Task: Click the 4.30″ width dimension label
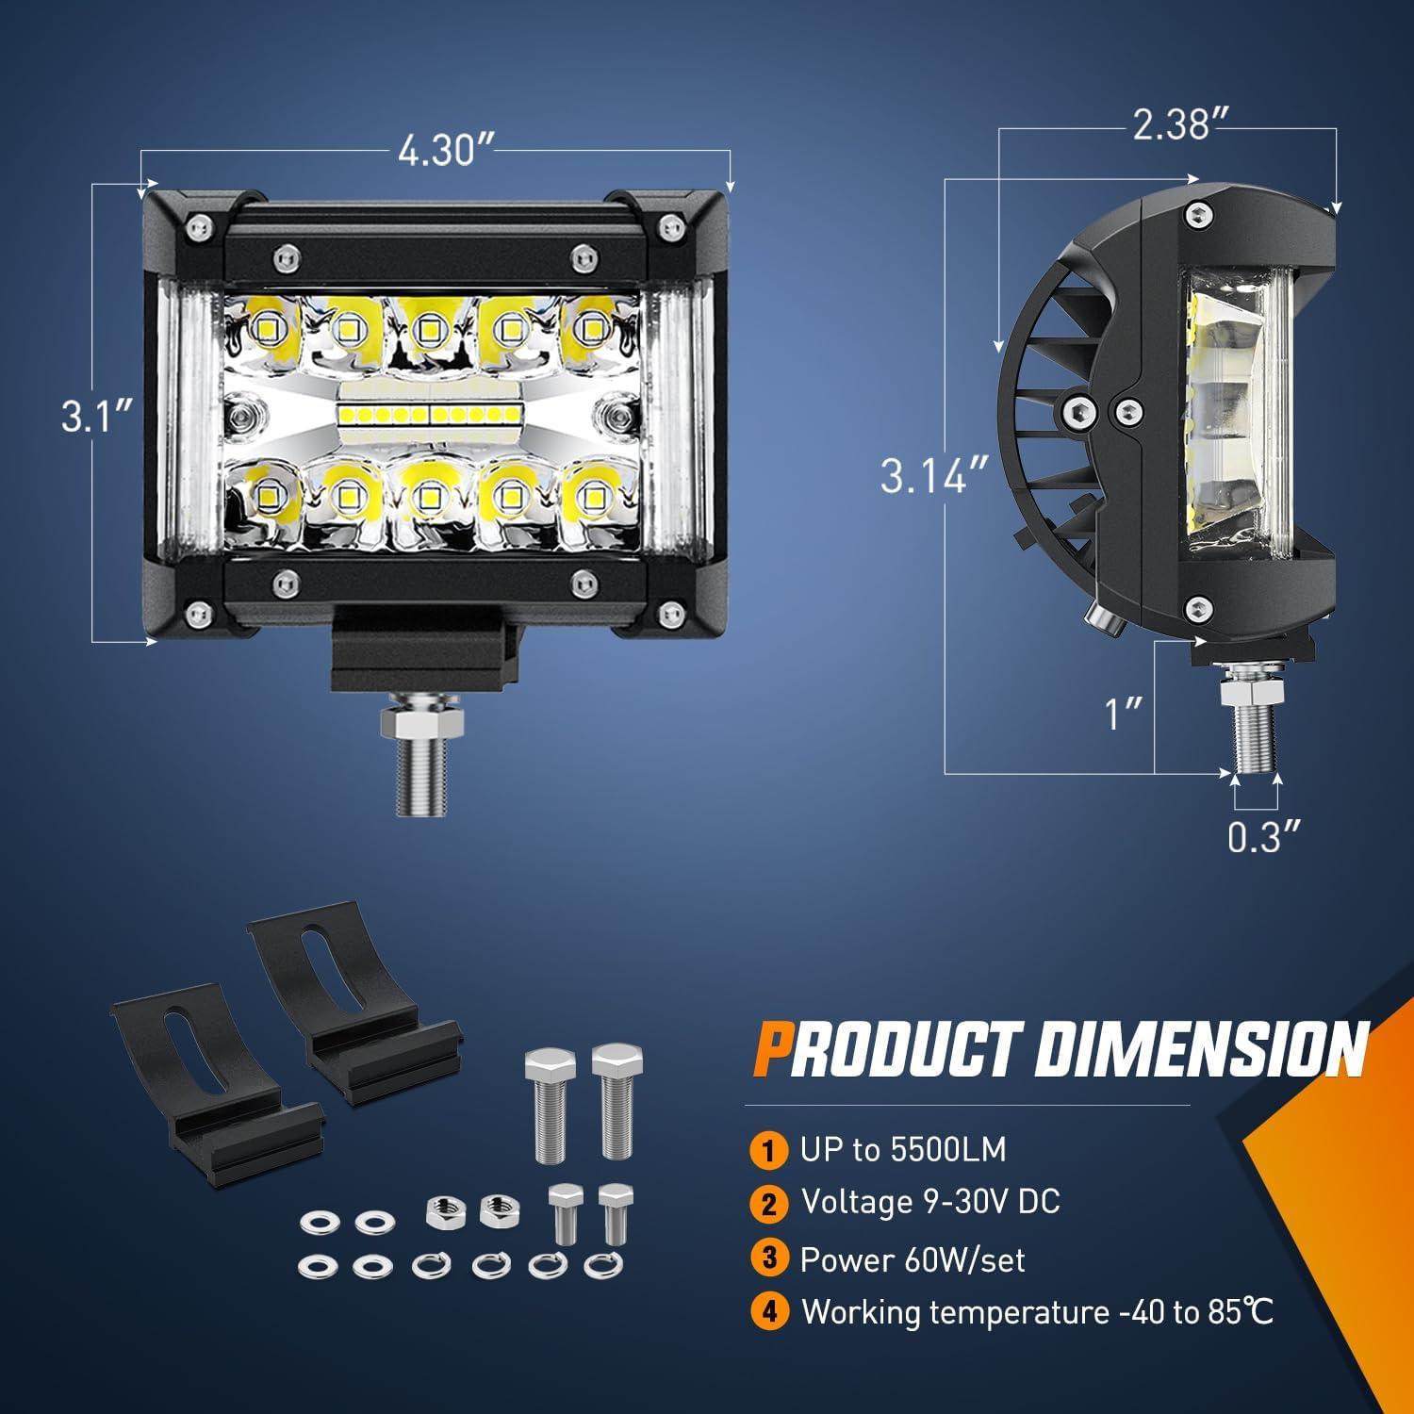[x=436, y=151]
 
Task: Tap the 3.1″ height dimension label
[x=95, y=415]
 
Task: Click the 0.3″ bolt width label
[x=1264, y=837]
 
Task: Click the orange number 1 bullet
[x=769, y=1151]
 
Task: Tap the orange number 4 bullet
[x=769, y=1312]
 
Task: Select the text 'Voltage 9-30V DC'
[x=930, y=1202]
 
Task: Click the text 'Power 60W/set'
[x=913, y=1259]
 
